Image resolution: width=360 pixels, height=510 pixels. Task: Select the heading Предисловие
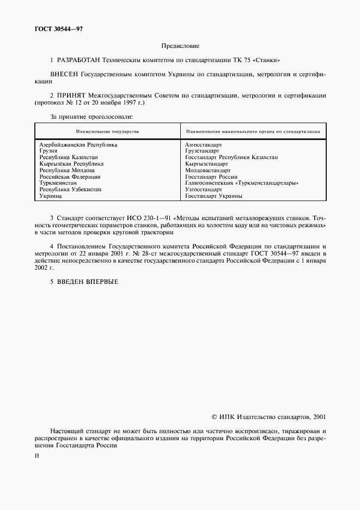(x=180, y=46)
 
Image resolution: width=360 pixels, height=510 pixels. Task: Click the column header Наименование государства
(x=107, y=131)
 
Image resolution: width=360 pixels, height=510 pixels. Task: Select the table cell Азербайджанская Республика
(x=78, y=145)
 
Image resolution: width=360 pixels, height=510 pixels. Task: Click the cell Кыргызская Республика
(x=71, y=163)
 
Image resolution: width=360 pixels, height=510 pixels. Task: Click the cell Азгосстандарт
(x=204, y=145)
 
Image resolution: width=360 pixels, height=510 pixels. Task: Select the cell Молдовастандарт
(x=208, y=170)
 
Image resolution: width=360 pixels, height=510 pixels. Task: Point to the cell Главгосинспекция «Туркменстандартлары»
(x=242, y=183)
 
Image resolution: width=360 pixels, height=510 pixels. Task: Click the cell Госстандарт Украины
(x=213, y=196)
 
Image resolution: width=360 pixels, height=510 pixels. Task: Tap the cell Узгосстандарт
(x=203, y=189)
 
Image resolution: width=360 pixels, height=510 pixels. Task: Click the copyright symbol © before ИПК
(x=214, y=416)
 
